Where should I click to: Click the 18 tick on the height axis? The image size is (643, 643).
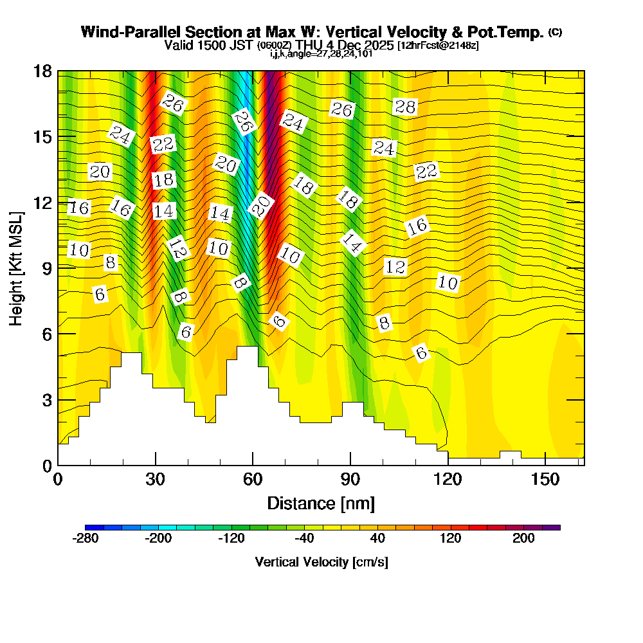pos(44,71)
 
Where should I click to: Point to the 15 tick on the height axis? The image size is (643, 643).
pos(44,137)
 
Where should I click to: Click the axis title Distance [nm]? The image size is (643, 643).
pos(321,502)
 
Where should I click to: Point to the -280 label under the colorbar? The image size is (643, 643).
pos(86,538)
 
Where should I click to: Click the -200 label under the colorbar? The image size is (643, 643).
pos(157,538)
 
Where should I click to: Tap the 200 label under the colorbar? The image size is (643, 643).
pos(523,538)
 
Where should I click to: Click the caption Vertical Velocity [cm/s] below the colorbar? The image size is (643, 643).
pos(321,562)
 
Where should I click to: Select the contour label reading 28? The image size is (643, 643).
pos(405,107)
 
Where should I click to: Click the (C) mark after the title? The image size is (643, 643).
pos(555,32)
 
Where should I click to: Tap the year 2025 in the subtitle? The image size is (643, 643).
pos(379,46)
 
